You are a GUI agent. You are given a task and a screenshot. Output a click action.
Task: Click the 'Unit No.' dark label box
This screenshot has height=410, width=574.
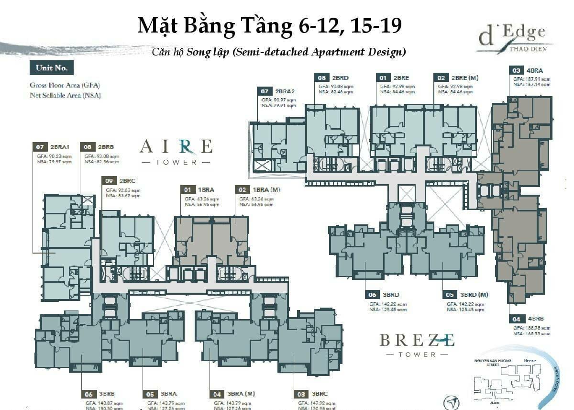pos(52,68)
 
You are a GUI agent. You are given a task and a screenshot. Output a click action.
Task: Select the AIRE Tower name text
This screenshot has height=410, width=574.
pos(176,146)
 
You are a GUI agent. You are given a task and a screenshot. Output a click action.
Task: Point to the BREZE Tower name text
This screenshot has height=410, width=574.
pos(417,341)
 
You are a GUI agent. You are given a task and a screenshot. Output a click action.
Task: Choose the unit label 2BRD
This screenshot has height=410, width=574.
pos(340,77)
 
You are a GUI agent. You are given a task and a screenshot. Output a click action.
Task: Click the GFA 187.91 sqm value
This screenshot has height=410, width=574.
pos(531,78)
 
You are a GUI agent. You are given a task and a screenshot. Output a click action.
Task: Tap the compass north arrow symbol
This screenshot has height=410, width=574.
pos(451,403)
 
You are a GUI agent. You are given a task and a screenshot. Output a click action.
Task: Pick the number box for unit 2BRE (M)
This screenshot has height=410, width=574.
pos(440,77)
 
